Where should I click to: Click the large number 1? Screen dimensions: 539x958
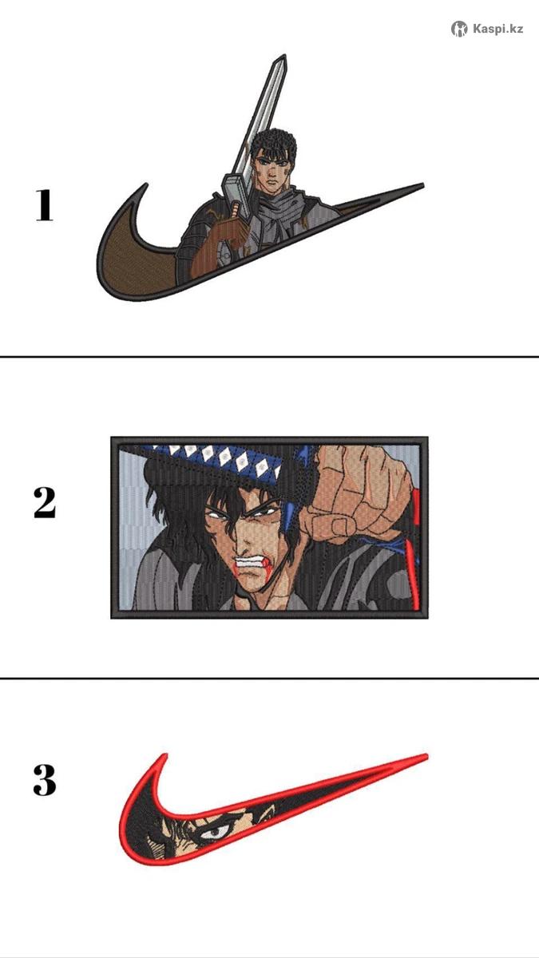[x=45, y=206]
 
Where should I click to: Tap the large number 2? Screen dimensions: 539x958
[x=45, y=503]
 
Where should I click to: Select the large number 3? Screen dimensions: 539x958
[x=45, y=780]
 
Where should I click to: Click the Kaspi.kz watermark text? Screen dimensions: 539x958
[x=497, y=29]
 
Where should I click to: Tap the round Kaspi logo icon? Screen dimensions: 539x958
[x=459, y=29]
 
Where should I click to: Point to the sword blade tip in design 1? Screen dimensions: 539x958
[x=283, y=56]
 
